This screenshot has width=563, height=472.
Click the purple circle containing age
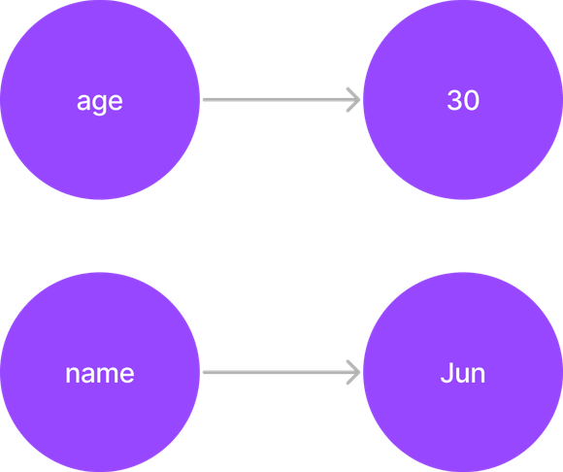tap(100, 99)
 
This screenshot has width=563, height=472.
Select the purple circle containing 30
tap(463, 99)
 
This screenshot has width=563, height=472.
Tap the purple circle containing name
tap(100, 372)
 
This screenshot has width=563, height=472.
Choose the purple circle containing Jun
tap(463, 372)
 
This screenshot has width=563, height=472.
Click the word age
tap(100, 103)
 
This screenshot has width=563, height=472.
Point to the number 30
tap(463, 100)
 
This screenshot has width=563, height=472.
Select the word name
tap(100, 374)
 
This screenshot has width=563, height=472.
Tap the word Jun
tap(463, 373)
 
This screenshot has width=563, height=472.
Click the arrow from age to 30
tap(281, 99)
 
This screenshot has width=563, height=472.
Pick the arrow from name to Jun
tap(281, 372)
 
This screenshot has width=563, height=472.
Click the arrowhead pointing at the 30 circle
tap(354, 99)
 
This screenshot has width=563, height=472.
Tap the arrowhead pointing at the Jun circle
tap(354, 372)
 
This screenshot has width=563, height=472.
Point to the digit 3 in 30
tap(454, 100)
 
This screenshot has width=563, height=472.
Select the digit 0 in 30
tap(472, 100)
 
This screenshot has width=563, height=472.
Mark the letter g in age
tap(100, 105)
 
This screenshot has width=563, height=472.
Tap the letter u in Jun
tap(461, 375)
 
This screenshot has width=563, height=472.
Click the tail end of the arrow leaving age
tap(204, 99)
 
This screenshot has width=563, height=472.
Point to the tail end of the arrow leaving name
tap(204, 372)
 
